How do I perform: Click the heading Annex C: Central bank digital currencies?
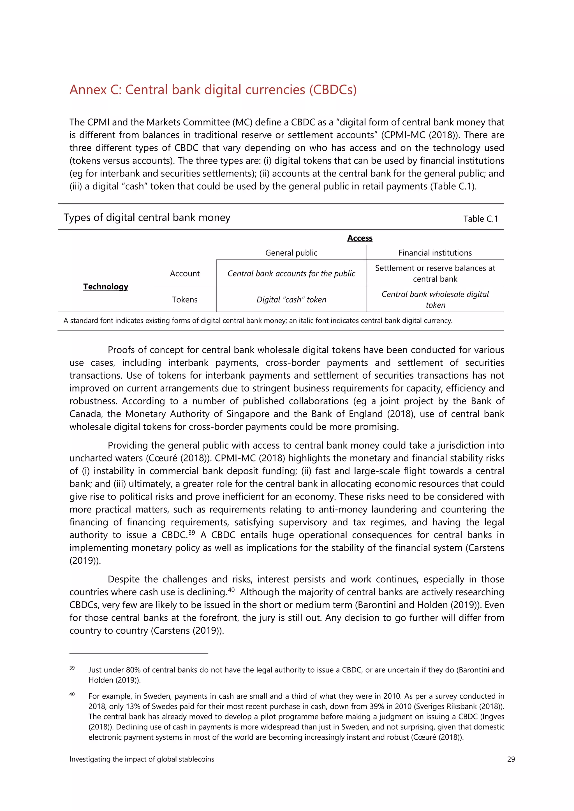[x=213, y=90]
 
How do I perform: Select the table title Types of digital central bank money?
[x=147, y=218]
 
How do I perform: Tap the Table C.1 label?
[x=480, y=219]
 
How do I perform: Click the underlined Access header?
[x=360, y=238]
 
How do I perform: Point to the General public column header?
[x=291, y=253]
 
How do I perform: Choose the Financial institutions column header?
[x=435, y=253]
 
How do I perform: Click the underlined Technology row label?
[x=106, y=286]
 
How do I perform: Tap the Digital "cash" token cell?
[x=291, y=300]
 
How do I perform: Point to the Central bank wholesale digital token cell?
[x=435, y=300]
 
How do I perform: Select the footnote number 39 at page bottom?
[x=72, y=668]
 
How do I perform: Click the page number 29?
[x=511, y=759]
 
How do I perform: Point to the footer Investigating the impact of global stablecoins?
[x=142, y=759]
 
